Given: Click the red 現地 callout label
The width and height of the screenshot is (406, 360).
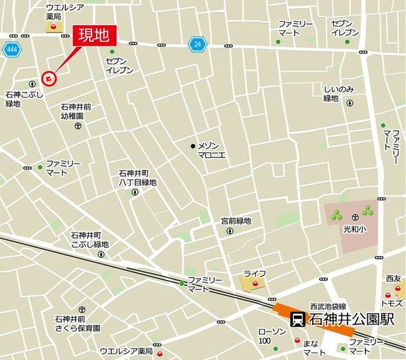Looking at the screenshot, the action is [x=92, y=35].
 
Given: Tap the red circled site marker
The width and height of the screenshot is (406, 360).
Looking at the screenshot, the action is [x=49, y=78].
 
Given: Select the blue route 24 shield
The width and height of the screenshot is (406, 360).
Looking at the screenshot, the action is [x=197, y=44].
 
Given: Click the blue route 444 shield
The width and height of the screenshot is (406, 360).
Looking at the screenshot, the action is [x=11, y=49].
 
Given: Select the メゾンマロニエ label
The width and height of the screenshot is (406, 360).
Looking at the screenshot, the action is [x=213, y=151].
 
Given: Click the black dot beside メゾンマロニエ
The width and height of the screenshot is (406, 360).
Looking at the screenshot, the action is [x=193, y=146].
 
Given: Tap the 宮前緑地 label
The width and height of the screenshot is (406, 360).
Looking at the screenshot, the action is [x=236, y=221].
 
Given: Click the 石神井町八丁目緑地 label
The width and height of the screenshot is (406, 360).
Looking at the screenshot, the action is [x=137, y=177].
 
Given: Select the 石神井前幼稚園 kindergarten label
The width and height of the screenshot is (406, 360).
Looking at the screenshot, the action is [x=77, y=112].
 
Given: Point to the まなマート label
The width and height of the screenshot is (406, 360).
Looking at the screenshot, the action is [x=310, y=347].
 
